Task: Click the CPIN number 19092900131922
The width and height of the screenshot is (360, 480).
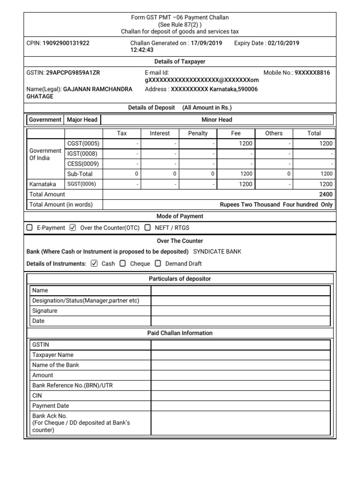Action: click(66, 43)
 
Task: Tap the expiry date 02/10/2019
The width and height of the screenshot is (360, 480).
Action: click(283, 43)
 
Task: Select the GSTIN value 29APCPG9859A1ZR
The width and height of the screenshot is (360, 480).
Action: click(73, 73)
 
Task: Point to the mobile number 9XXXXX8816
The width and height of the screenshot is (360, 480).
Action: click(312, 73)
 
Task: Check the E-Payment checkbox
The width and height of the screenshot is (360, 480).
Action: click(30, 228)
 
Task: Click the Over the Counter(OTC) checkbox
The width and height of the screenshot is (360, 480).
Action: click(73, 228)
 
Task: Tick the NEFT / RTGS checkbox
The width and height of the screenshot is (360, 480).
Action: click(148, 228)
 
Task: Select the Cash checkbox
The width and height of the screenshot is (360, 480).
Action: click(94, 263)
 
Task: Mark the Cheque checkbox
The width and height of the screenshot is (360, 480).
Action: click(123, 263)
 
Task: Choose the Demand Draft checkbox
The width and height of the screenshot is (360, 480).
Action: click(158, 263)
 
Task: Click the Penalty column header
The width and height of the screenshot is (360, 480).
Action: click(197, 134)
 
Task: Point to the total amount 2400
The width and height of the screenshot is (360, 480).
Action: click(326, 194)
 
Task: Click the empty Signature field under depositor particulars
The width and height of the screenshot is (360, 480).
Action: click(240, 311)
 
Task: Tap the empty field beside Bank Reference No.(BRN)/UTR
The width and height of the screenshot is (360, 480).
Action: click(240, 385)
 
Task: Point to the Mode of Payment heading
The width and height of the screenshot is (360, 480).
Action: click(180, 216)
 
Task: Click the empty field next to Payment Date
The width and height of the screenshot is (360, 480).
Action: click(240, 406)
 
